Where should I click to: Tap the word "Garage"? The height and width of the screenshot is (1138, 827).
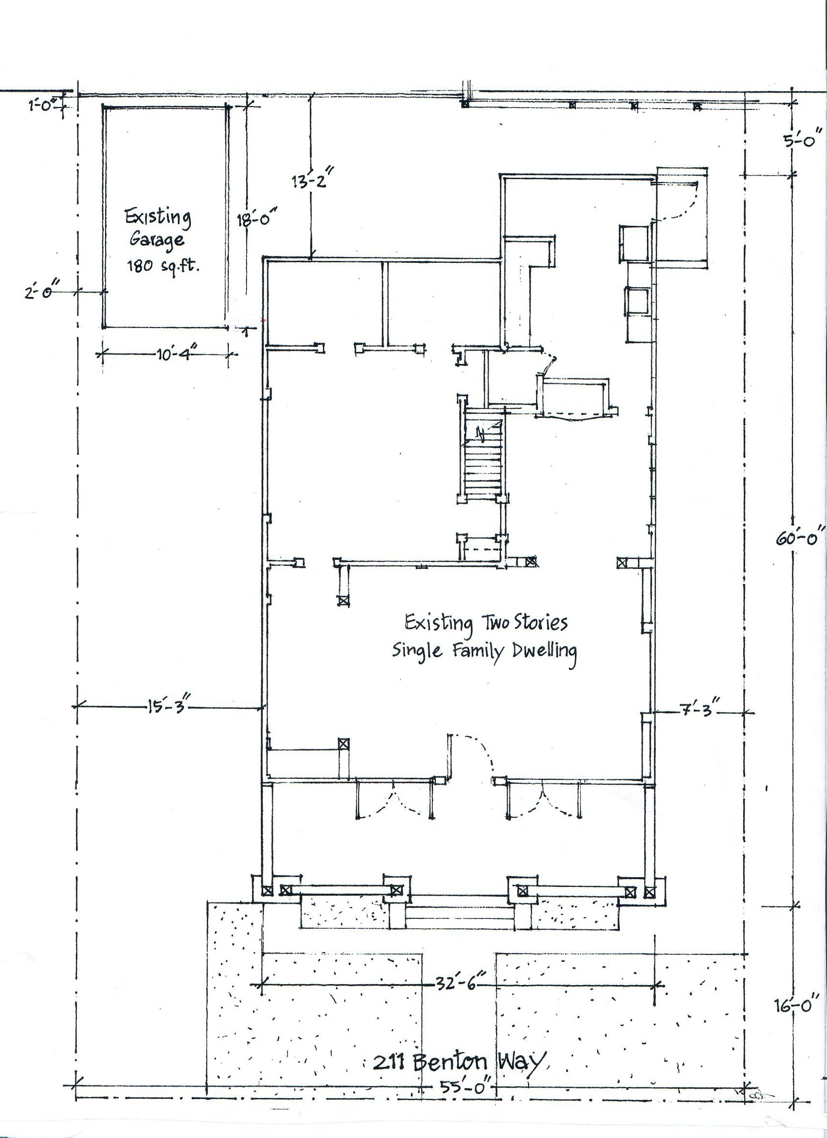coord(157,240)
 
